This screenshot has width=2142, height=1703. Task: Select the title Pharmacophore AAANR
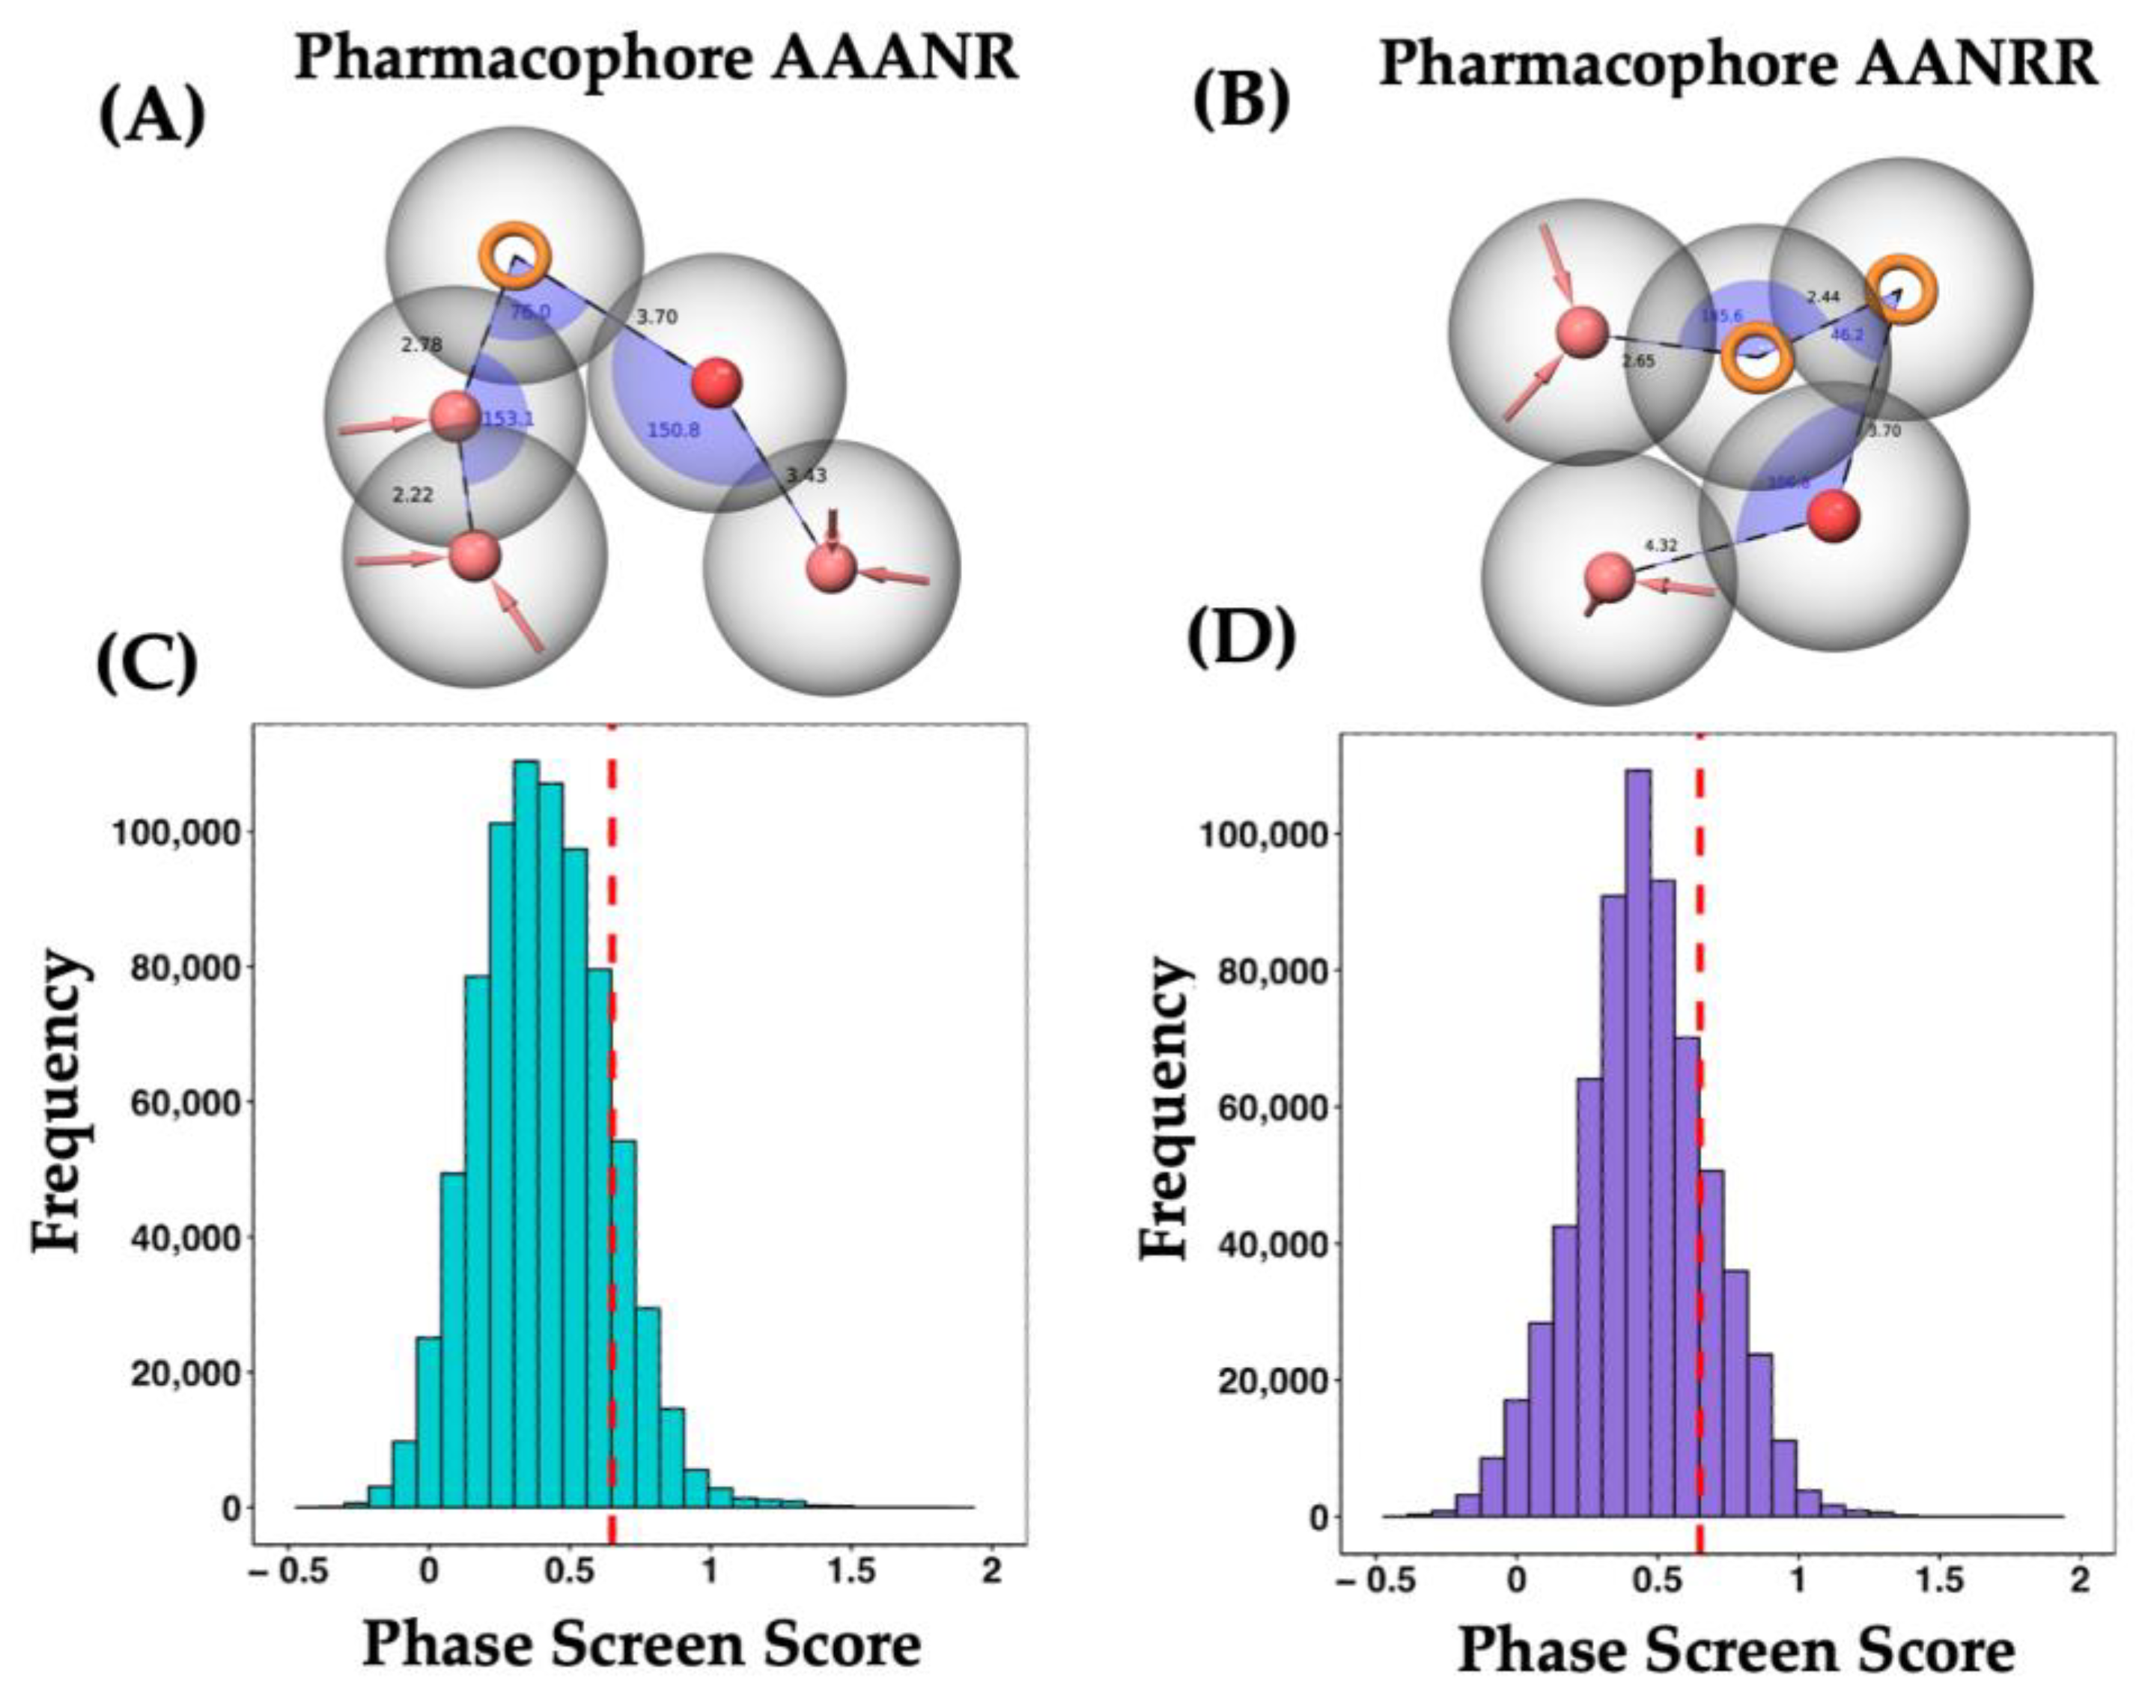657,58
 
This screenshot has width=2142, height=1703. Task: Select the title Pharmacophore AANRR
1738,64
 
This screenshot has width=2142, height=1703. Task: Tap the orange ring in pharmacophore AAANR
514,255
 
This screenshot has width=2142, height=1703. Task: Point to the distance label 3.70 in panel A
657,317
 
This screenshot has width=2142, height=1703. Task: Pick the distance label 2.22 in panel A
413,495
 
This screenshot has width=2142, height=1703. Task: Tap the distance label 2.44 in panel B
1823,296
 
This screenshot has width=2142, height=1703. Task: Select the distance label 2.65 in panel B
1638,362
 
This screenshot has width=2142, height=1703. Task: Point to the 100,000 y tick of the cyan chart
176,832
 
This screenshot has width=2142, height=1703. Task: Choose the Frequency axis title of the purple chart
1164,1108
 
